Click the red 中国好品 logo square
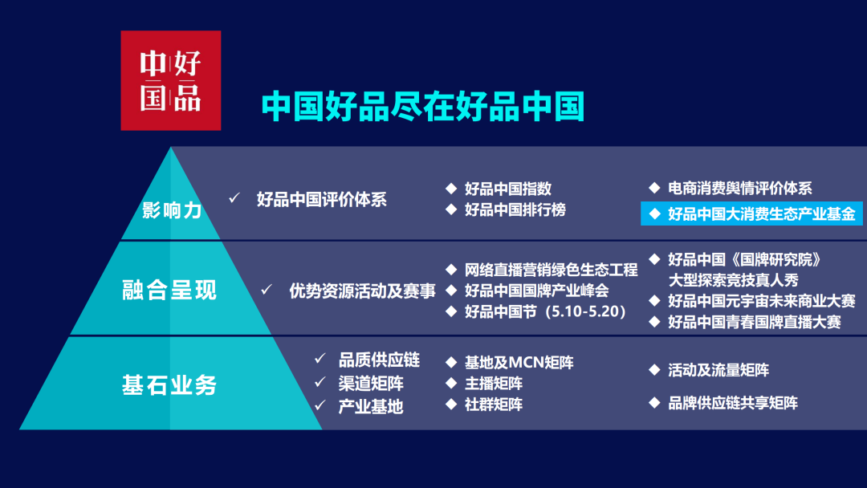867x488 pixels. point(171,81)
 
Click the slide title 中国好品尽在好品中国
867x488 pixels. point(423,107)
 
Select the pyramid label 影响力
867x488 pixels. point(172,210)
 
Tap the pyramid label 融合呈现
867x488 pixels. point(169,290)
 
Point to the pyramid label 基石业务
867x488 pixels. point(169,385)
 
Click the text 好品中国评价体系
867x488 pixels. point(322,200)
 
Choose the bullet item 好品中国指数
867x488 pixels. point(508,189)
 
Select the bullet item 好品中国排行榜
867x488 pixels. point(515,210)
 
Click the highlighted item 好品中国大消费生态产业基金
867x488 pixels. point(752,213)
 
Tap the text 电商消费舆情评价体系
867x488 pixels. point(740,189)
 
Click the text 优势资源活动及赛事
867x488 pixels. point(362,291)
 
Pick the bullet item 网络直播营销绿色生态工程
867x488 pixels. point(552,270)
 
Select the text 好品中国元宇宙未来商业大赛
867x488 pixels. point(761,301)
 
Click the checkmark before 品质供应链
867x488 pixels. point(320,359)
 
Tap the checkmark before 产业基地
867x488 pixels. point(320,405)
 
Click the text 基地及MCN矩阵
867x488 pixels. point(519,363)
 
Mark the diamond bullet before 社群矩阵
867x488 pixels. point(451,404)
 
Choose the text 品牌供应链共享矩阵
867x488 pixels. point(733,404)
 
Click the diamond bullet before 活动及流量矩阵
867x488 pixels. point(655,370)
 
